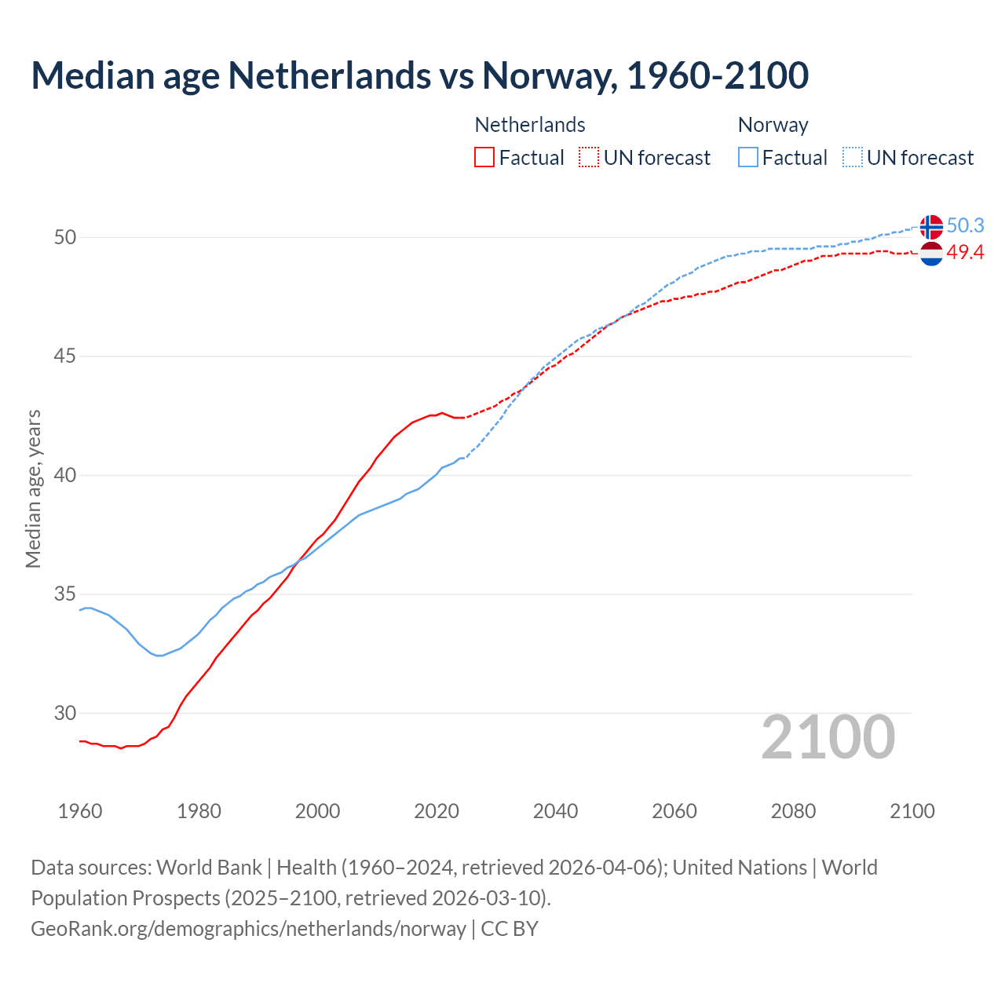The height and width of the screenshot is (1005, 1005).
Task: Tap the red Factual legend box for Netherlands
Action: [x=484, y=158]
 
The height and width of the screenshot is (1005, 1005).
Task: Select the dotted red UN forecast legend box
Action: [x=589, y=158]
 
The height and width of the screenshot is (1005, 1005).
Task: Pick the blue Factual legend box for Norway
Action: [x=748, y=158]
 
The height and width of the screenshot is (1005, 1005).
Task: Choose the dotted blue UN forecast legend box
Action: [x=853, y=158]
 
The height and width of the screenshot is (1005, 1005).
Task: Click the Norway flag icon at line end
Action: [x=931, y=227]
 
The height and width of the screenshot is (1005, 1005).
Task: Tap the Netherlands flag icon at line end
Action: [x=931, y=254]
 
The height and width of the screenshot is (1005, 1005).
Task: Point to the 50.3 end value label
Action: [x=965, y=226]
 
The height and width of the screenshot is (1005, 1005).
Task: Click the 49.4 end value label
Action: [x=965, y=252]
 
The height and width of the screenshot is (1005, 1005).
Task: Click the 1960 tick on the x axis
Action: [x=80, y=811]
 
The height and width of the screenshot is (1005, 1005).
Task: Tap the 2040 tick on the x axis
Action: [x=555, y=811]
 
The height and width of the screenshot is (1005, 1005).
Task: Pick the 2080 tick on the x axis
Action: [x=793, y=811]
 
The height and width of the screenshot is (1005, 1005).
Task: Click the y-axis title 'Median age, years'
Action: [x=33, y=488]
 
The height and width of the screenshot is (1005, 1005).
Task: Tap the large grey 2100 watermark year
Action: [x=828, y=737]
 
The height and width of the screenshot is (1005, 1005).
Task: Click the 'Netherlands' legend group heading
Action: [x=530, y=126]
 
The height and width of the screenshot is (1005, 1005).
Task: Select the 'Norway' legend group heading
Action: [x=773, y=126]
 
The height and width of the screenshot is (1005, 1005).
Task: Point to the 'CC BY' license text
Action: [x=510, y=929]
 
